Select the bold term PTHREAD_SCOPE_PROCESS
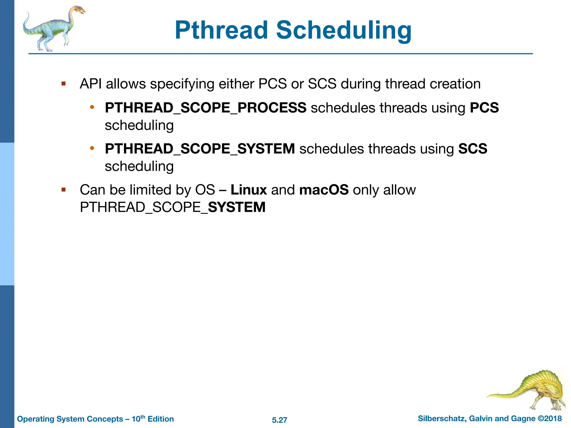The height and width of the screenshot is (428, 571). pyautogui.click(x=205, y=108)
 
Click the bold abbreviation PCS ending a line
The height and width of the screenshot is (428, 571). pyautogui.click(x=484, y=108)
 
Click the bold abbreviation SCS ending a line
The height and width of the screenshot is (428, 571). pyautogui.click(x=473, y=149)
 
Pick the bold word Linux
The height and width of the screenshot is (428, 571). pyautogui.click(x=249, y=190)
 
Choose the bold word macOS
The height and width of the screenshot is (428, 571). pyautogui.click(x=324, y=190)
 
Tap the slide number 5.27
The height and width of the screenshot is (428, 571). pyautogui.click(x=279, y=420)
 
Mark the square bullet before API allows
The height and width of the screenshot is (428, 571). pyautogui.click(x=64, y=84)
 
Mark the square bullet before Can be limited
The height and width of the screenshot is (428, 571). pyautogui.click(x=64, y=190)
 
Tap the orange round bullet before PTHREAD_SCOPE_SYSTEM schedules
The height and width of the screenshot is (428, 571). pyautogui.click(x=92, y=148)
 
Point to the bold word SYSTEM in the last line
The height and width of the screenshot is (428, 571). pyautogui.click(x=237, y=207)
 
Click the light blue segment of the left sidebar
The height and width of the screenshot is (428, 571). pyautogui.click(x=7, y=214)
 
